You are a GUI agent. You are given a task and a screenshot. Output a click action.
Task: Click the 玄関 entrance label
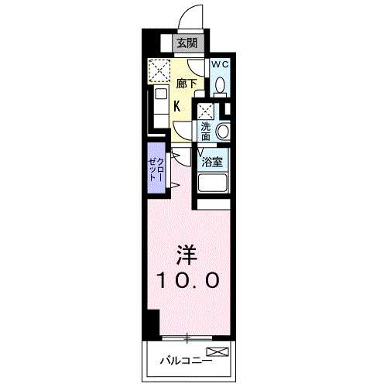click(x=186, y=43)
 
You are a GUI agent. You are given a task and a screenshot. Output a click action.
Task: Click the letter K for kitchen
click(x=177, y=107)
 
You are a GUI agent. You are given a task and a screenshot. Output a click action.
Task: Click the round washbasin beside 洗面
click(x=223, y=130)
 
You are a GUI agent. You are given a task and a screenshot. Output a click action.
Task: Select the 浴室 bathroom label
click(x=213, y=163)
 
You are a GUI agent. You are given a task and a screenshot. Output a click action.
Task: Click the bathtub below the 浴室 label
click(x=213, y=185)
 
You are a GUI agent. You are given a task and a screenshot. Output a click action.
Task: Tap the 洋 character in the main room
click(x=185, y=254)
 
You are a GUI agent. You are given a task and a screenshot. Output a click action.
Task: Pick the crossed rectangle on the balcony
click(x=217, y=352)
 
